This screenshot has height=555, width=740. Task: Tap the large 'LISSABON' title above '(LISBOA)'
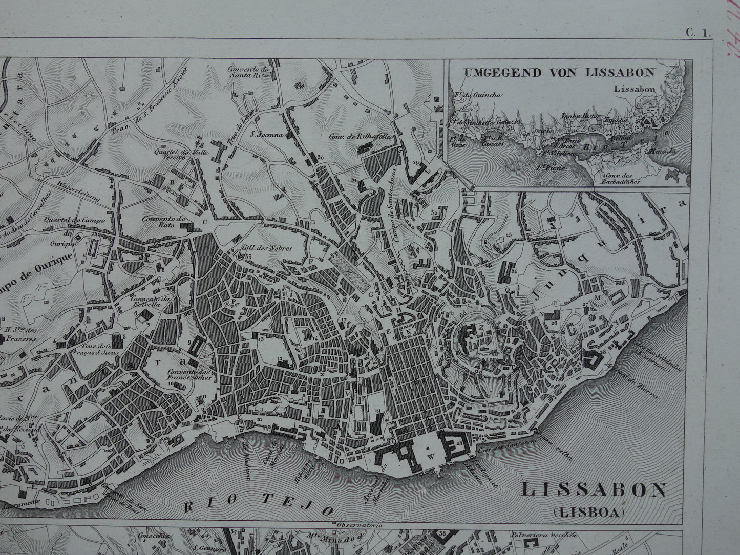tap(594, 490)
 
